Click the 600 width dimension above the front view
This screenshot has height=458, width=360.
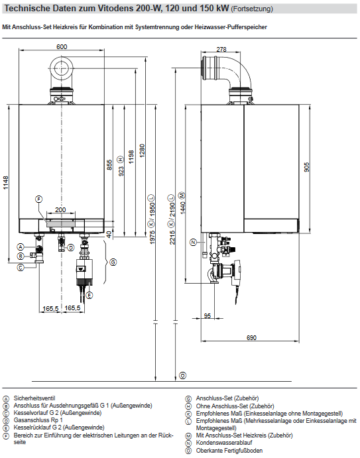pyautogui.click(x=61, y=47)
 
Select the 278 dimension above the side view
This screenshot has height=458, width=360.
pyautogui.click(x=221, y=50)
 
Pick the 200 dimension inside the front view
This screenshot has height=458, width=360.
pyautogui.click(x=60, y=209)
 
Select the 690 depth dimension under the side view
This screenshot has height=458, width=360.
pyautogui.click(x=251, y=339)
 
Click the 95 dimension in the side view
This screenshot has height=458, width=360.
pyautogui.click(x=208, y=316)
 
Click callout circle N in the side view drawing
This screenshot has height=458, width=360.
pyautogui.click(x=194, y=243)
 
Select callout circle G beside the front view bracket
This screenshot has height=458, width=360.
pyautogui.click(x=113, y=262)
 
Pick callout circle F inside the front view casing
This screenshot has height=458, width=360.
pyautogui.click(x=38, y=199)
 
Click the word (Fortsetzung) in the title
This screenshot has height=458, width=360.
pyautogui.click(x=251, y=9)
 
